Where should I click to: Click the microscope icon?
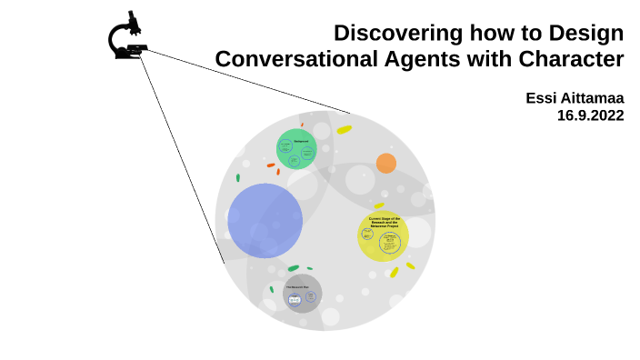(128, 37)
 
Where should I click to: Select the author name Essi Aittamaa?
(575, 98)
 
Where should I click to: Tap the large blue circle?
(265, 220)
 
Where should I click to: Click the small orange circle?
(386, 164)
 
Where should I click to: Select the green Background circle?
(296, 149)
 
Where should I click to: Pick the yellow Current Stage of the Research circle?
(383, 236)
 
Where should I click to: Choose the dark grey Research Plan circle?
(302, 294)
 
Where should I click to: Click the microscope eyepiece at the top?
(133, 17)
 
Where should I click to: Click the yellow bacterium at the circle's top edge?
(344, 130)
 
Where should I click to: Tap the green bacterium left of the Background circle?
(238, 177)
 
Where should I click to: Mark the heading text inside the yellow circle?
(384, 222)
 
